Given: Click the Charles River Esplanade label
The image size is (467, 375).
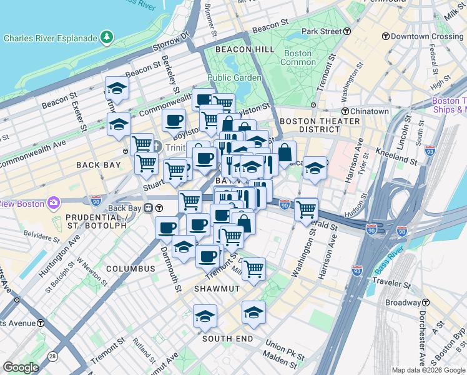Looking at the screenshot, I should pyautogui.click(x=51, y=38).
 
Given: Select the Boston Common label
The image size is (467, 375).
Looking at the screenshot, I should pyautogui.click(x=297, y=57).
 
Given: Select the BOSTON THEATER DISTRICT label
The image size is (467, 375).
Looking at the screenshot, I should pyautogui.click(x=309, y=125).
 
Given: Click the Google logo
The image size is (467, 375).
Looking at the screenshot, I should pyautogui.click(x=21, y=367).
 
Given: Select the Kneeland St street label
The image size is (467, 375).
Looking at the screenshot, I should pyautogui.click(x=398, y=155).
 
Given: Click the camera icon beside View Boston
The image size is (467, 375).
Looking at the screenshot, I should pyautogui.click(x=53, y=204).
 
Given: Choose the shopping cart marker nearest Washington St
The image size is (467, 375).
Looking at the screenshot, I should pyautogui.click(x=306, y=210).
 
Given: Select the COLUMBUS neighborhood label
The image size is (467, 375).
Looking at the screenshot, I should pyautogui.click(x=130, y=269).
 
